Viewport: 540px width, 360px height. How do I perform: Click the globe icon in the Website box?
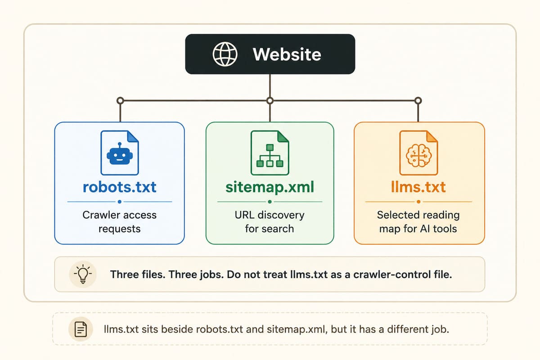[x=225, y=54]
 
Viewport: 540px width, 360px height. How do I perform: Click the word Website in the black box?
[x=287, y=54]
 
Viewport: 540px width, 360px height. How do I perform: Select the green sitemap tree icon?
[x=270, y=156]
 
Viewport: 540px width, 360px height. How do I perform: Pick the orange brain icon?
[x=418, y=156]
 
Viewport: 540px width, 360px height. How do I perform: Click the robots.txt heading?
[x=120, y=187]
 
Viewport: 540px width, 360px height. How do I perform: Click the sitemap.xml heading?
[x=270, y=187]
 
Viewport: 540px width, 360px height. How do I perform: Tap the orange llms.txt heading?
[x=418, y=187]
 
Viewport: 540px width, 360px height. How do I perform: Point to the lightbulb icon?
[x=83, y=274]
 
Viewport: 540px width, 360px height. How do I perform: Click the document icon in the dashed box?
[x=81, y=329]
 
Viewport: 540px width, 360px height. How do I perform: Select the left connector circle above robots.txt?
[x=120, y=100]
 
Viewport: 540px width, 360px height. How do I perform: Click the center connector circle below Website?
[x=270, y=100]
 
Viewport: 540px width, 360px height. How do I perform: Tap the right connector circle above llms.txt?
[x=418, y=100]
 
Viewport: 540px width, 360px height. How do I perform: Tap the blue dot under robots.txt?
[x=120, y=202]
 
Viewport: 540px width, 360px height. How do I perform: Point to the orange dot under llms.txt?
[x=418, y=202]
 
